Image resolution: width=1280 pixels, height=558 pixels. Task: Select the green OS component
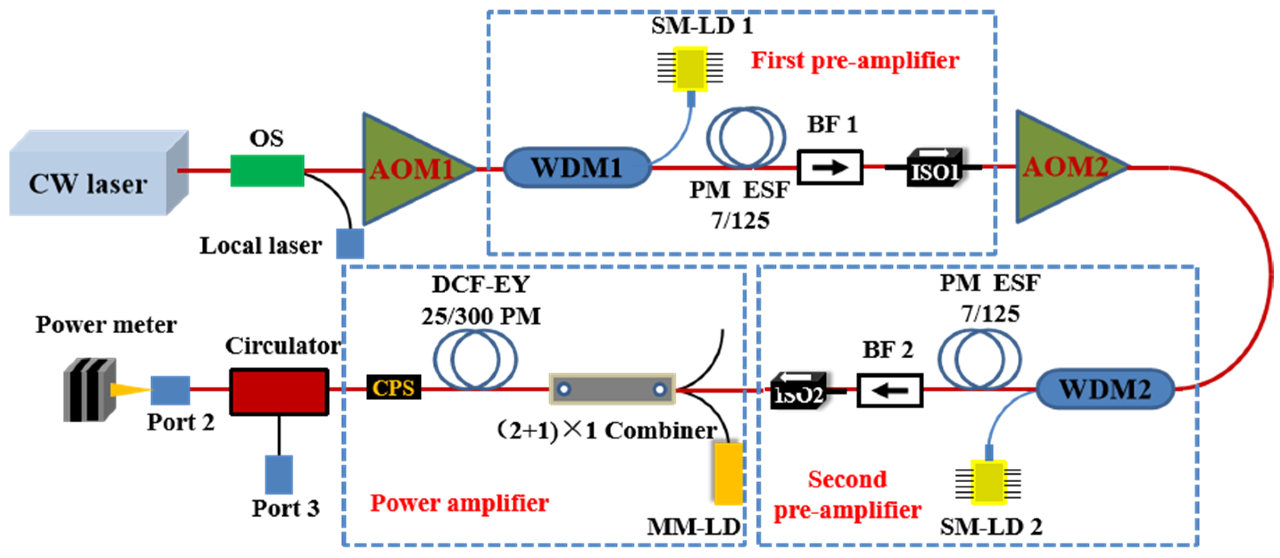[x=267, y=170]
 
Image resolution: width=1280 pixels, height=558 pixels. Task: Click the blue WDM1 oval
[x=576, y=167]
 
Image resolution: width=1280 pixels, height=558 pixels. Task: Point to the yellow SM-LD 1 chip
[x=691, y=69]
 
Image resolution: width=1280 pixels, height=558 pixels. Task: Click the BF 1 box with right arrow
[x=830, y=167]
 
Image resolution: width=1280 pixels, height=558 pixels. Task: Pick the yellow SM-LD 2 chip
[x=989, y=482]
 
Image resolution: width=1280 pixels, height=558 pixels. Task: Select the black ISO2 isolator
[x=798, y=391]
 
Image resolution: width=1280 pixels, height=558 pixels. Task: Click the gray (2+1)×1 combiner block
[x=612, y=389]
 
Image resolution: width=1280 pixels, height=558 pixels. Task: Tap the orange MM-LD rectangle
[x=729, y=473]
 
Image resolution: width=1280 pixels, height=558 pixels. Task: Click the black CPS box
[x=394, y=388]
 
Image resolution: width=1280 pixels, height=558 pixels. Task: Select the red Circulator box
[x=279, y=391]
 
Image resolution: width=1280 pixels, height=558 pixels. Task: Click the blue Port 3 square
[x=279, y=474]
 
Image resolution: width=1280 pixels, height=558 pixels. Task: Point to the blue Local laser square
[x=350, y=244]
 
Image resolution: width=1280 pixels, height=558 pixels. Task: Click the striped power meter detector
[x=89, y=390]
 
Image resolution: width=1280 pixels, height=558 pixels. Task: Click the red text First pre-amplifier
[x=855, y=61]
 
